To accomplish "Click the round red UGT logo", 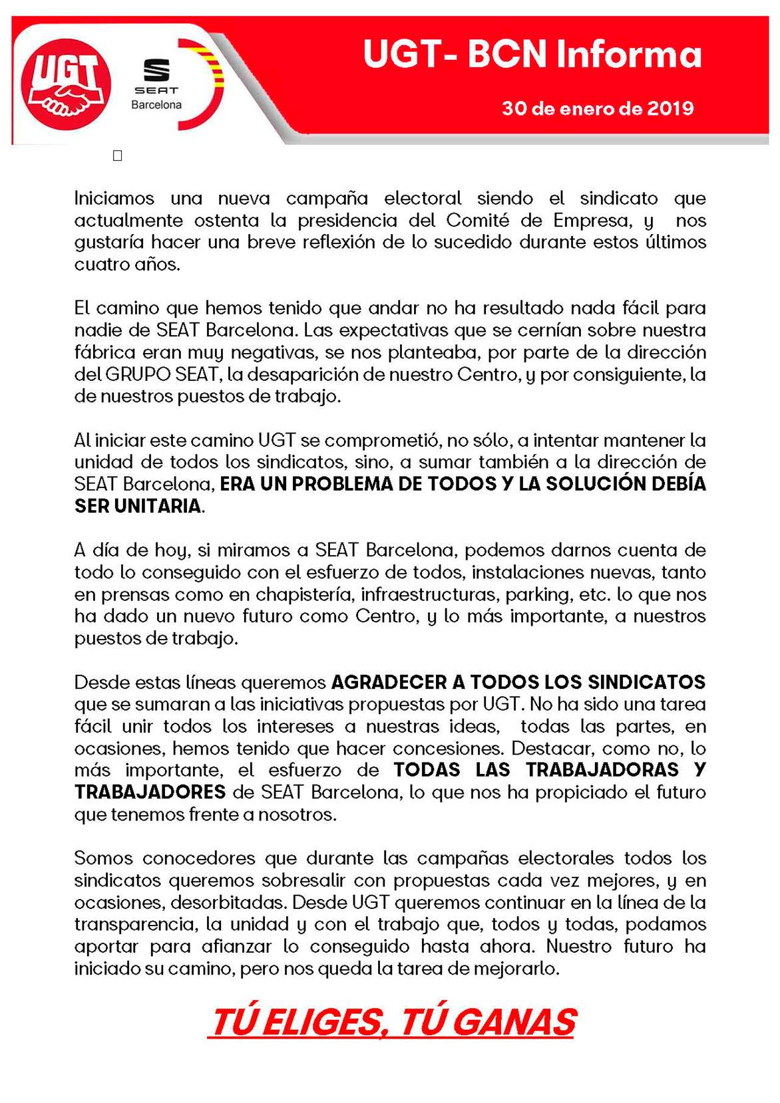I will pos(65,84).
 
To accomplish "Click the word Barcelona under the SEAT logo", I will pos(156,105).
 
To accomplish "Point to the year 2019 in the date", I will pos(670,108).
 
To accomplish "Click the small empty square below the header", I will pos(118,156).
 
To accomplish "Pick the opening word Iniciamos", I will pos(114,198).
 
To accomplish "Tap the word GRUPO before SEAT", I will pos(138,374).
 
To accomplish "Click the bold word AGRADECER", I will pos(389,682).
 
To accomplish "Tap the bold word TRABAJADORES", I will pos(150,792).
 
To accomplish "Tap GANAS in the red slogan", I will pos(522,1022).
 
